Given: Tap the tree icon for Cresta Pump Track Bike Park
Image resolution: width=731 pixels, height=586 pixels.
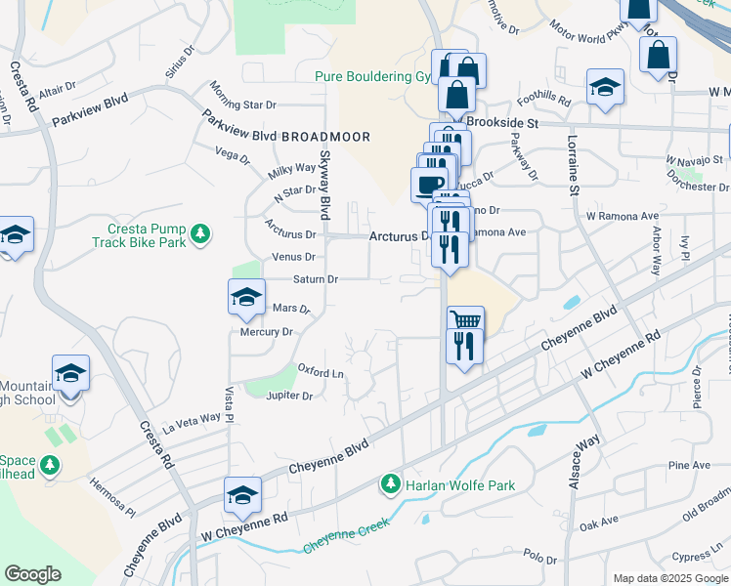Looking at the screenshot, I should coord(200,234).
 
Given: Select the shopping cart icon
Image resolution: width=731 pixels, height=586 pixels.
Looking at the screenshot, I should coord(465,319).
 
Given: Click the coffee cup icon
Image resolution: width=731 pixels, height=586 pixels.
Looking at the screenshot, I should coord(430,182).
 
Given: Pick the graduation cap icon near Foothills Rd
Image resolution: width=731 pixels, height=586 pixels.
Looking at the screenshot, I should coord(606,87).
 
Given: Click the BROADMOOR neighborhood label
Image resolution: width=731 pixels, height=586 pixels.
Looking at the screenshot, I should coord(325,137).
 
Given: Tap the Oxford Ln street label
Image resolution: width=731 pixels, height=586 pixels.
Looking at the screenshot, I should coord(322,372).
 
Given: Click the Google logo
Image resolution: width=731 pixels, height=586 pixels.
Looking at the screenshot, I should coord(33,573).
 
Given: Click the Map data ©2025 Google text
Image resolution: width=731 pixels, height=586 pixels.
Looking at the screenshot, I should coord(670,578).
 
